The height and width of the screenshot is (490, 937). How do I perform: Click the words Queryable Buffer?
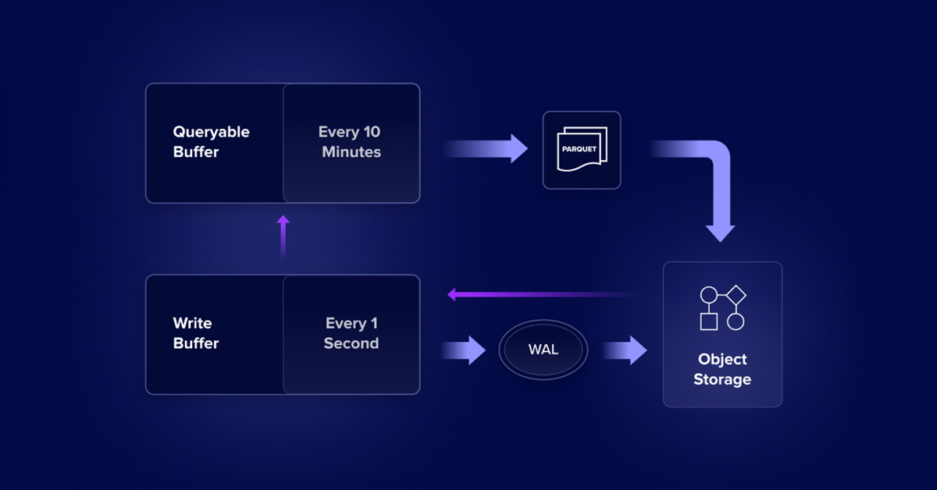click(x=211, y=142)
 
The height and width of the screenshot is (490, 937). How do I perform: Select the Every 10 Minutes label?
click(x=351, y=142)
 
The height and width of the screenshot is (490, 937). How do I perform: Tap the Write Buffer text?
click(x=195, y=333)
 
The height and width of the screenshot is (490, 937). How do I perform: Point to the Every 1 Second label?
click(x=351, y=333)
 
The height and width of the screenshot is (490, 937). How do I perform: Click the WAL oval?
click(x=543, y=350)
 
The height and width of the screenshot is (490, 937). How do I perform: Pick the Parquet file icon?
click(x=582, y=150)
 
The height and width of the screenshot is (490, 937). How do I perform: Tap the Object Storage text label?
click(x=722, y=369)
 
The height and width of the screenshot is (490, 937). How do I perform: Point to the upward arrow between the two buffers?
click(x=283, y=237)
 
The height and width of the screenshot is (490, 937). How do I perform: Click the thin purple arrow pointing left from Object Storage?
click(x=539, y=295)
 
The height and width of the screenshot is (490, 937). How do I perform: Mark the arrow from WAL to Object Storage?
click(x=625, y=350)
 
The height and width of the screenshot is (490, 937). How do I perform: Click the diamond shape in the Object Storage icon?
click(x=736, y=295)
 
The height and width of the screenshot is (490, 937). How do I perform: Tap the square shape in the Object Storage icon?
click(x=708, y=321)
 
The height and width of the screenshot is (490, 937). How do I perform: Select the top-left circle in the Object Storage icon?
click(x=708, y=295)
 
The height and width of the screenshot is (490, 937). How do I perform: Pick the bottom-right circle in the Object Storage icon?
click(x=736, y=321)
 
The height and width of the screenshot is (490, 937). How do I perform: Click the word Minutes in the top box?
click(x=351, y=152)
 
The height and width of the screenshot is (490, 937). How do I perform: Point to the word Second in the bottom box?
click(x=351, y=343)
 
